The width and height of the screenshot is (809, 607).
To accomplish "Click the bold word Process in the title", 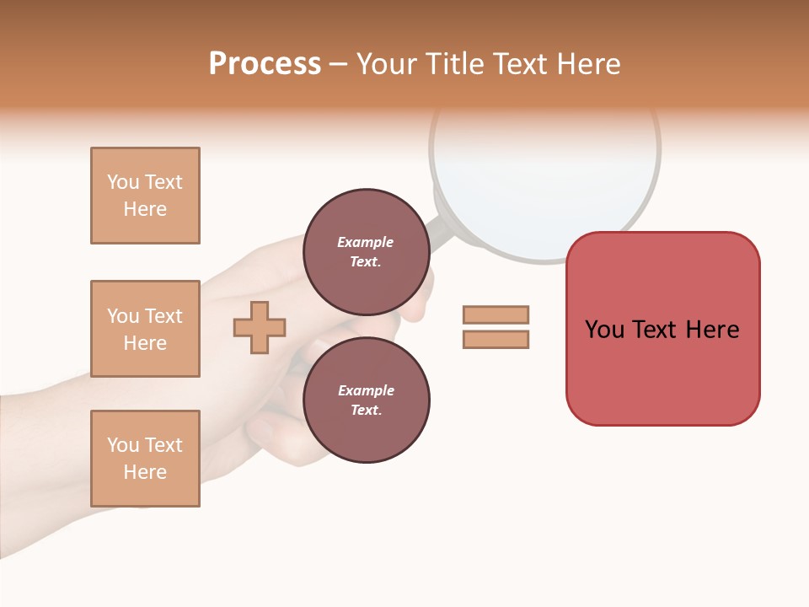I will (x=265, y=64).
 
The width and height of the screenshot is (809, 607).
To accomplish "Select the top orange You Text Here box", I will (x=145, y=196).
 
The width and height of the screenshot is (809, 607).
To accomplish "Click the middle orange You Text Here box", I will (x=145, y=329).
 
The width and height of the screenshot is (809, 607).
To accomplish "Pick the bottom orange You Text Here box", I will (x=145, y=459).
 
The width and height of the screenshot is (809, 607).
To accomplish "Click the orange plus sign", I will (x=260, y=327).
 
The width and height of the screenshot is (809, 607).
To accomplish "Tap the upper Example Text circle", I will (x=366, y=251).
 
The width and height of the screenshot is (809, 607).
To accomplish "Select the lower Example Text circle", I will (x=366, y=400).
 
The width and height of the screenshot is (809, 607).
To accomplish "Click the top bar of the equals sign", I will (x=496, y=314).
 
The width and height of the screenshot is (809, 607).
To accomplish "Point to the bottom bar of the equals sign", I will (x=496, y=339).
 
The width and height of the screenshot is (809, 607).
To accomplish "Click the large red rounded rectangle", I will (x=662, y=371).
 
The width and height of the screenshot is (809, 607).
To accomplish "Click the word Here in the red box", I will (x=712, y=330).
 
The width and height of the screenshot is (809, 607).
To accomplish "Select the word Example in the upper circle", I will (x=366, y=242).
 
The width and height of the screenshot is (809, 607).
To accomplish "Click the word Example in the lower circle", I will (x=366, y=390).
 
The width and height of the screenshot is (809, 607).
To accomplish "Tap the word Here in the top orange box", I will (x=145, y=209).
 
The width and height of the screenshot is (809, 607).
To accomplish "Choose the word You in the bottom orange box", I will (x=123, y=445).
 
